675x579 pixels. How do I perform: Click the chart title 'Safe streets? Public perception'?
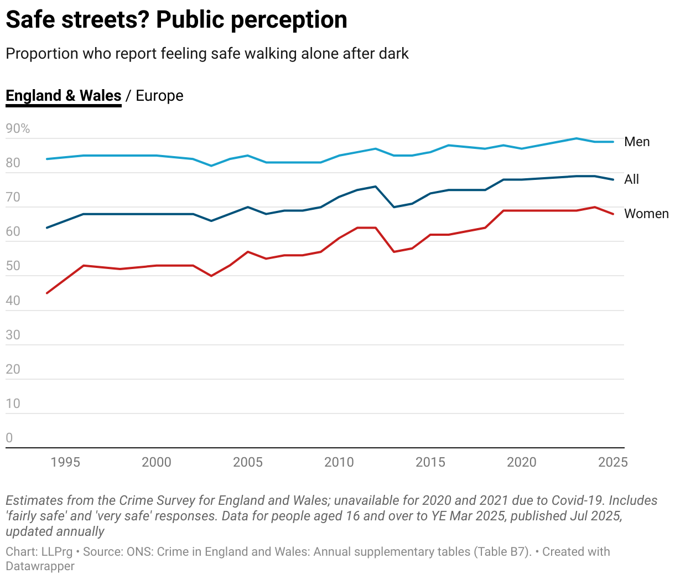(176, 20)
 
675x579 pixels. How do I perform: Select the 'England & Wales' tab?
(63, 95)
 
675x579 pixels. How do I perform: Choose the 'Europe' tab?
(159, 95)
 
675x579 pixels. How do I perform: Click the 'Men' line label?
(637, 142)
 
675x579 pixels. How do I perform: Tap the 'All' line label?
(631, 179)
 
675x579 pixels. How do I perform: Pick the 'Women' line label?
(646, 214)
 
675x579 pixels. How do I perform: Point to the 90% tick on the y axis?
(18, 129)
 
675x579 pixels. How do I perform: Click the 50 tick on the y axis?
(13, 266)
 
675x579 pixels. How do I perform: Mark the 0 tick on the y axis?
(9, 438)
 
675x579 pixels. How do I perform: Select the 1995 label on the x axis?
(65, 462)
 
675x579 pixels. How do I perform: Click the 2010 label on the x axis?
(339, 462)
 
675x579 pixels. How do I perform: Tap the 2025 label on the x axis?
(613, 462)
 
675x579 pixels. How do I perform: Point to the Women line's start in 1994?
(47, 293)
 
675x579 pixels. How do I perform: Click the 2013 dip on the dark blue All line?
(394, 207)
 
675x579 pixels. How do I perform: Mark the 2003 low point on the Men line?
(211, 166)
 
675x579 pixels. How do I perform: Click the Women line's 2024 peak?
(595, 207)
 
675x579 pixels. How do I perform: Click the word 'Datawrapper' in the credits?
(40, 566)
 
